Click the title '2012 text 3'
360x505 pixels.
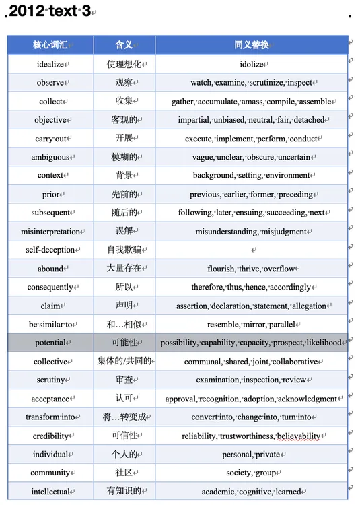[x=50, y=11]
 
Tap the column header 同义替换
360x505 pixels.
[x=251, y=45]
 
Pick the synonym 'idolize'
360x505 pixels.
[x=252, y=65]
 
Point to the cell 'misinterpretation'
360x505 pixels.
[x=50, y=231]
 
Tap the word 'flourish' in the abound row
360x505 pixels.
[x=220, y=269]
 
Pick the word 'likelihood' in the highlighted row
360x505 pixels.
[x=324, y=343]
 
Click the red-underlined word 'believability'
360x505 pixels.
[x=298, y=436]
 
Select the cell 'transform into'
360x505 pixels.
[x=51, y=417]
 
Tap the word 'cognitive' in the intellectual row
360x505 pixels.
[x=254, y=492]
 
